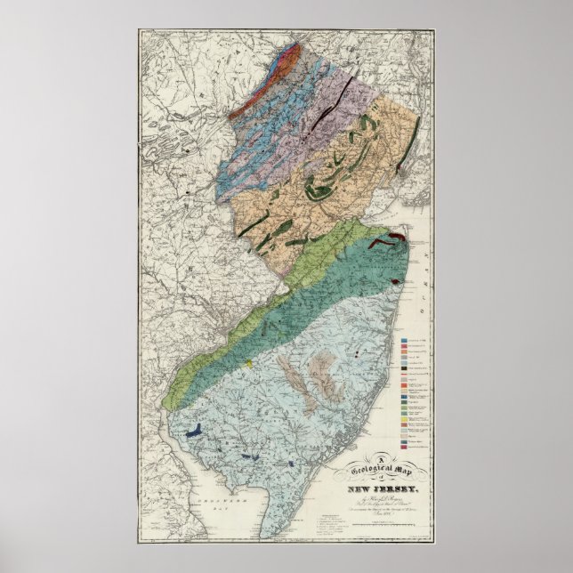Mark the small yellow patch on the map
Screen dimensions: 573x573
point(252,363)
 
